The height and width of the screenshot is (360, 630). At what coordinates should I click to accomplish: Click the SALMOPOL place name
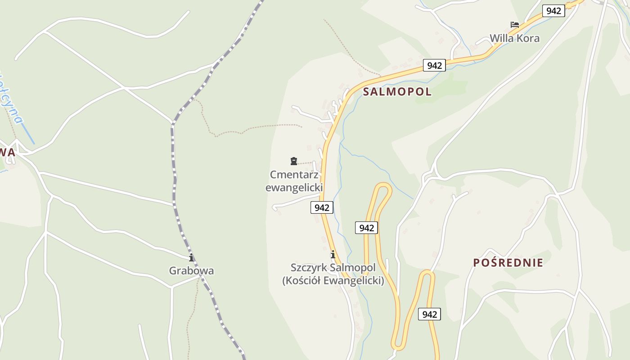pyautogui.click(x=397, y=92)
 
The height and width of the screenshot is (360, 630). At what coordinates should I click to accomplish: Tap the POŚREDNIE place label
pyautogui.click(x=508, y=263)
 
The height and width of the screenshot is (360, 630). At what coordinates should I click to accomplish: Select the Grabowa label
pyautogui.click(x=191, y=270)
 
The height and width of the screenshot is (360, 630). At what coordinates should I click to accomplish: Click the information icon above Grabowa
pyautogui.click(x=191, y=257)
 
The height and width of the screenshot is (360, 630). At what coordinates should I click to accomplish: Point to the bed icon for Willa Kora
pyautogui.click(x=514, y=25)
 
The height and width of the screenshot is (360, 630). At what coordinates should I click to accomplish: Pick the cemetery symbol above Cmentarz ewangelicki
pyautogui.click(x=294, y=161)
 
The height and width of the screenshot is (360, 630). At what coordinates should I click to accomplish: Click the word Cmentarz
pyautogui.click(x=294, y=175)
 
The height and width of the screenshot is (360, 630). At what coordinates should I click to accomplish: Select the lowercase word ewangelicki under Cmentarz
pyautogui.click(x=294, y=187)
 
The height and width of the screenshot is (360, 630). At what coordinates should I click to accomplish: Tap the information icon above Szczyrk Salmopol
pyautogui.click(x=333, y=255)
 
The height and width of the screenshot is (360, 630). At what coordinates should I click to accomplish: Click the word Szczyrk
pyautogui.click(x=309, y=268)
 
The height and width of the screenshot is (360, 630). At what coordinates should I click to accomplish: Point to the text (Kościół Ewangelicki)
pyautogui.click(x=333, y=280)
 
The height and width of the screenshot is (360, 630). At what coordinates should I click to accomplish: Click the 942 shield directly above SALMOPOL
pyautogui.click(x=434, y=65)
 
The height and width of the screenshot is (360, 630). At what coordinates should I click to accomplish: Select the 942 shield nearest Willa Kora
pyautogui.click(x=553, y=11)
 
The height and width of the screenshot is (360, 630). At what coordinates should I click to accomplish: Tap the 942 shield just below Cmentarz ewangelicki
pyautogui.click(x=322, y=207)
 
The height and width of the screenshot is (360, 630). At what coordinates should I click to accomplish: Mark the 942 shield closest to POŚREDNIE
pyautogui.click(x=430, y=314)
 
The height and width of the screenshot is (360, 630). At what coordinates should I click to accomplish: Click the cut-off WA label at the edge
pyautogui.click(x=8, y=153)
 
